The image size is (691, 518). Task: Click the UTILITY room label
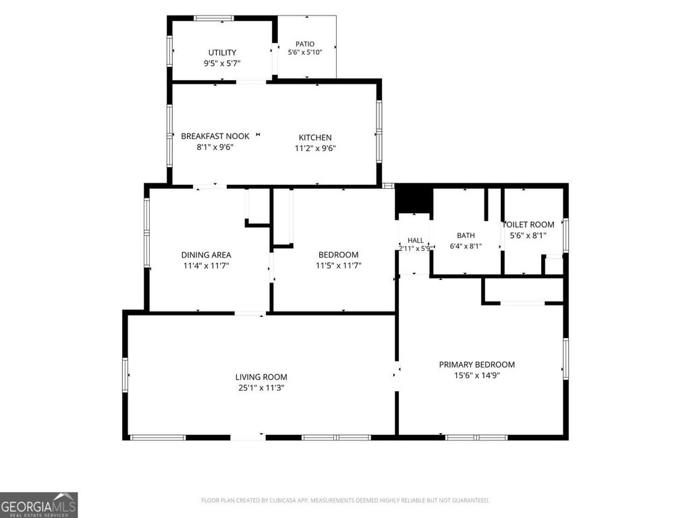[x=222, y=53]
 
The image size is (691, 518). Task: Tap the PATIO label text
[x=305, y=44]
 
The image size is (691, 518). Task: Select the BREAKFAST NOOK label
[x=215, y=136]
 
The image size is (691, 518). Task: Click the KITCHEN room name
[x=315, y=138]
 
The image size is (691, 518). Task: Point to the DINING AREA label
[x=206, y=255]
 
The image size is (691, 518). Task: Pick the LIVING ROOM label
[x=261, y=377]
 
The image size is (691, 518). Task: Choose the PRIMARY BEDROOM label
[x=477, y=365]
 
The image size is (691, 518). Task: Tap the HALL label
[x=416, y=241]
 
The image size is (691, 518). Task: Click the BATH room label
[x=466, y=235]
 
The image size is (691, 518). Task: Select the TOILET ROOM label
[x=528, y=225]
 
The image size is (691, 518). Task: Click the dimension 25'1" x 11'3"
[x=261, y=388]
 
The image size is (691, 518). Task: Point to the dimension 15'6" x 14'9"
[x=477, y=376]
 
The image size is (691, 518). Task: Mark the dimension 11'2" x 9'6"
[x=315, y=148]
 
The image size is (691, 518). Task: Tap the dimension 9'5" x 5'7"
[x=222, y=63]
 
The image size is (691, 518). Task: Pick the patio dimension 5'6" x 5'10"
[x=305, y=53]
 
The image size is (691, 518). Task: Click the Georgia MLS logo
[x=38, y=505]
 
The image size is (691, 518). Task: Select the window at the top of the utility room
[x=214, y=18]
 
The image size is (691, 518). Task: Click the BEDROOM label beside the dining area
[x=339, y=255]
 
